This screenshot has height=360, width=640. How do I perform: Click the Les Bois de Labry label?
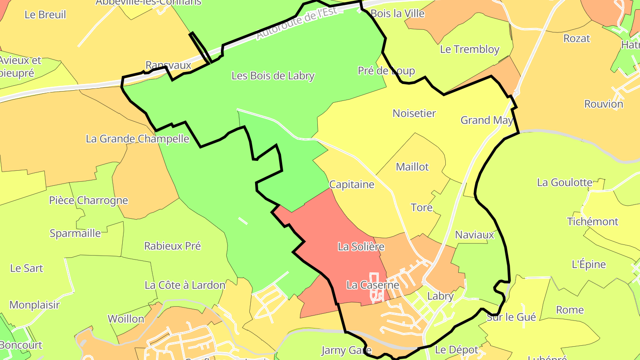tap(273, 76)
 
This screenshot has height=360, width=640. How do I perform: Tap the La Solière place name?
tap(361, 247)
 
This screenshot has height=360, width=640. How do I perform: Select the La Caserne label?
tap(372, 285)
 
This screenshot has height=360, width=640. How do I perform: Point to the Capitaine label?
tap(352, 184)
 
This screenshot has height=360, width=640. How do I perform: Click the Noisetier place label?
tap(414, 113)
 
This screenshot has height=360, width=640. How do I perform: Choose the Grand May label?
tap(487, 120)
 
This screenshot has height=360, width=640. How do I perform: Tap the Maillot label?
tap(412, 167)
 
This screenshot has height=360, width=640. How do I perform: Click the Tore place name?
tap(421, 208)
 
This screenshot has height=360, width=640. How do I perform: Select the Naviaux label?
tap(474, 235)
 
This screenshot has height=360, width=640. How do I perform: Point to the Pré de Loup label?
tap(386, 71)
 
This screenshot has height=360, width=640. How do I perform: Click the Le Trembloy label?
tap(469, 49)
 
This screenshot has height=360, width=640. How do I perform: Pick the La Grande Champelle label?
tap(137, 139)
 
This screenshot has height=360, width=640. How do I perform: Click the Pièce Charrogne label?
tap(88, 200)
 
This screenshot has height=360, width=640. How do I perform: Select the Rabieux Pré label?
tap(172, 246)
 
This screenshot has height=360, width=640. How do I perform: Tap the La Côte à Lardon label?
tap(185, 285)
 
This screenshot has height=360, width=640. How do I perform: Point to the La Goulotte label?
tap(564, 183)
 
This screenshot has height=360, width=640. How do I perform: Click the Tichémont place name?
tap(592, 221)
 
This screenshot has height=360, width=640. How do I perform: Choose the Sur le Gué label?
tap(511, 317)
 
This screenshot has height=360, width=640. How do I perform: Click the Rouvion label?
tap(604, 104)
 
